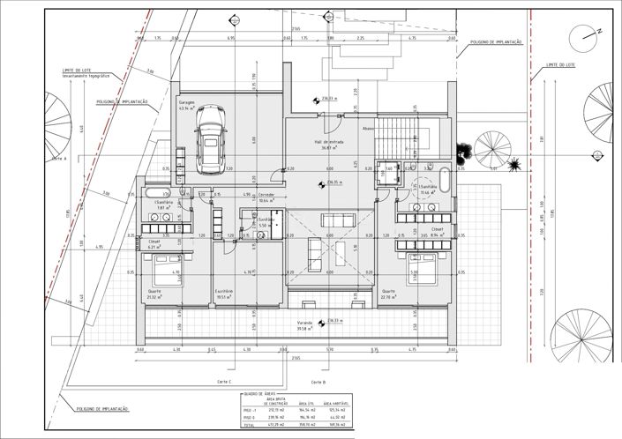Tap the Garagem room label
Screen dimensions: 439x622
point(186,102)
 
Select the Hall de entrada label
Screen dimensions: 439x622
point(326,142)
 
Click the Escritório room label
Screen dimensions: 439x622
point(223,291)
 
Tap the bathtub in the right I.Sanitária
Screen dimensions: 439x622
point(445,183)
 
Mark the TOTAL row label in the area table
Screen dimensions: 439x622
point(251,425)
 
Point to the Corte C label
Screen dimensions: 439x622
point(223,381)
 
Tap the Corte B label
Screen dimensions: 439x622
point(318,381)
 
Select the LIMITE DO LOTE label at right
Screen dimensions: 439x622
point(561,64)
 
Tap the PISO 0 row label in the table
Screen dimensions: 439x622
point(251,418)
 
